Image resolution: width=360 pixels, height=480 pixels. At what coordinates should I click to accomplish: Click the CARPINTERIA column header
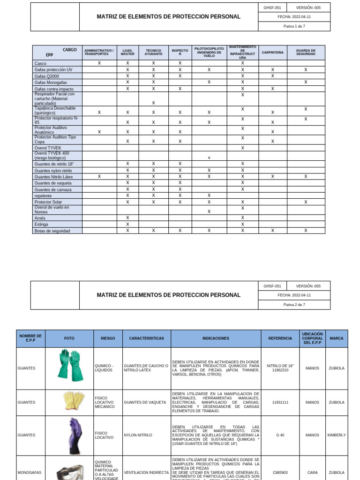[272, 52]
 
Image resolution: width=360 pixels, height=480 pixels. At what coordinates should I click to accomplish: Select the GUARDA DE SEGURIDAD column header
[306, 52]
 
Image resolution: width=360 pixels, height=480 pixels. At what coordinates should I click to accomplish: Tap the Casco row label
[41, 63]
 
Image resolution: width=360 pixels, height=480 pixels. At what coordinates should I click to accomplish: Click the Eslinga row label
[42, 224]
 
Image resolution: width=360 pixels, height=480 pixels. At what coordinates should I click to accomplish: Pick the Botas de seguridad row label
[52, 231]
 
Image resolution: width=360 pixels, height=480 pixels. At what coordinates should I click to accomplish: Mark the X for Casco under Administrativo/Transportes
[99, 63]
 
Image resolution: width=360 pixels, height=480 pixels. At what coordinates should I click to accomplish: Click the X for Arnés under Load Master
[127, 217]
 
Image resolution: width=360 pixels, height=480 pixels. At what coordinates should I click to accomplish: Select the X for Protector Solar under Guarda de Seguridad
[306, 202]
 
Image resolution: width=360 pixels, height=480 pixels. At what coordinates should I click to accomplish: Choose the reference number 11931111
[280, 402]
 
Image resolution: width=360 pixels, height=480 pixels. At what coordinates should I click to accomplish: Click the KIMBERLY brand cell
[337, 435]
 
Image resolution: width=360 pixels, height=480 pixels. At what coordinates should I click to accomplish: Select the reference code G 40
[280, 435]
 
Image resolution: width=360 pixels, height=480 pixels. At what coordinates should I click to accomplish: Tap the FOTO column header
[69, 338]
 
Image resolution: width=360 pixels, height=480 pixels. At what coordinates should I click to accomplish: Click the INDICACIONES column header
[216, 338]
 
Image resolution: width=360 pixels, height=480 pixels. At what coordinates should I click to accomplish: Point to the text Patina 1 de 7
[294, 27]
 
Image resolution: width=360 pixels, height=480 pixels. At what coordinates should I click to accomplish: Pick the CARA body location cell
[313, 472]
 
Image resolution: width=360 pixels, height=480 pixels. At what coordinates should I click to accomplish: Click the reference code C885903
[280, 472]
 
